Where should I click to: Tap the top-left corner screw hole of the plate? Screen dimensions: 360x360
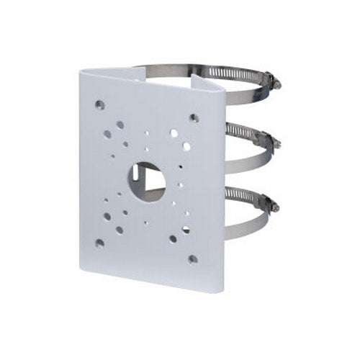coord(99,105)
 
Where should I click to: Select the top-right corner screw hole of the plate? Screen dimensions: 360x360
coord(194,117)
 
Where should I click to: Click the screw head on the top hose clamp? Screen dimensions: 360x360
coord(276,85)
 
